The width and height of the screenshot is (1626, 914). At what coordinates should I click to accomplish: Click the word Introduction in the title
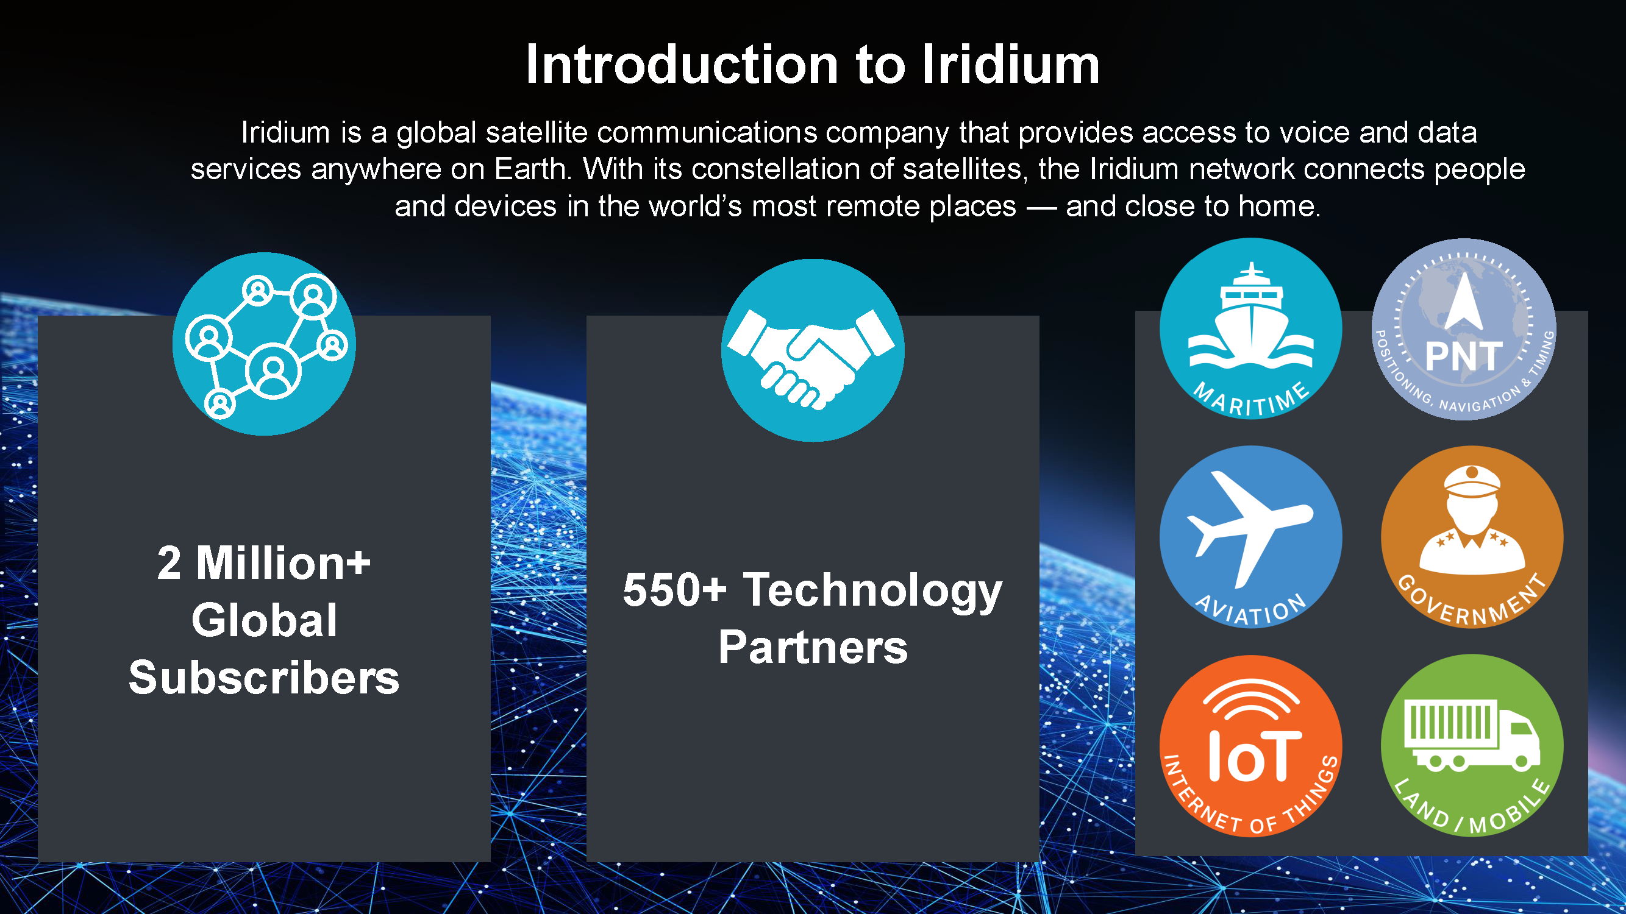[x=682, y=65]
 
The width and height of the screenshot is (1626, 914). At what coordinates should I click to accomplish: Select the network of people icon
[x=266, y=346]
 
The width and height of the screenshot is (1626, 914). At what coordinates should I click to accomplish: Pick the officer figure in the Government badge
[x=1472, y=520]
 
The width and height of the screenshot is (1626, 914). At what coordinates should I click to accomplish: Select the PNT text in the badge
[x=1463, y=356]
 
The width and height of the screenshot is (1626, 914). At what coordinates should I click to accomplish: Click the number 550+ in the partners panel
[x=674, y=590]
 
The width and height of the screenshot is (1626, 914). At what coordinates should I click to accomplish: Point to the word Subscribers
[x=264, y=678]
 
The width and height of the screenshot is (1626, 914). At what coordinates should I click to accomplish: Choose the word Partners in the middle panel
[x=813, y=647]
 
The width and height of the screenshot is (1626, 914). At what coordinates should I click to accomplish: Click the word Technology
[x=872, y=592]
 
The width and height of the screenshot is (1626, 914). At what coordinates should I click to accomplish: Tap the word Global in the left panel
[x=264, y=620]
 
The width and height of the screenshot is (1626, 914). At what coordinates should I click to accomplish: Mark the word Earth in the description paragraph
[x=532, y=169]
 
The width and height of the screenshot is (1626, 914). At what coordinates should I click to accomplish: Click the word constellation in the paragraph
[x=774, y=169]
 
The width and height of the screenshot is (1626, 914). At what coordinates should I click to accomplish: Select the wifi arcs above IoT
[x=1252, y=699]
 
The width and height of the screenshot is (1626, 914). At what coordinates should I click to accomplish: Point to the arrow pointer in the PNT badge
[x=1463, y=302]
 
